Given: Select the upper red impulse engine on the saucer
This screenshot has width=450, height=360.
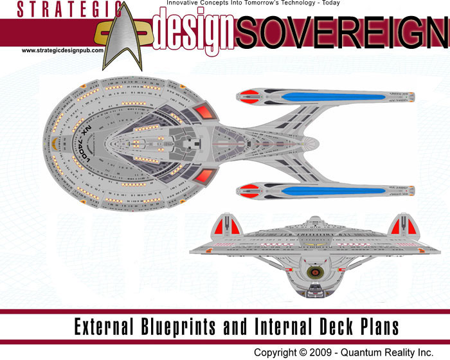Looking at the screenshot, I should coord(204,112).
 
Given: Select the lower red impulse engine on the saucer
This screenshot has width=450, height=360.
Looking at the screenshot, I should coord(204,175).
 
